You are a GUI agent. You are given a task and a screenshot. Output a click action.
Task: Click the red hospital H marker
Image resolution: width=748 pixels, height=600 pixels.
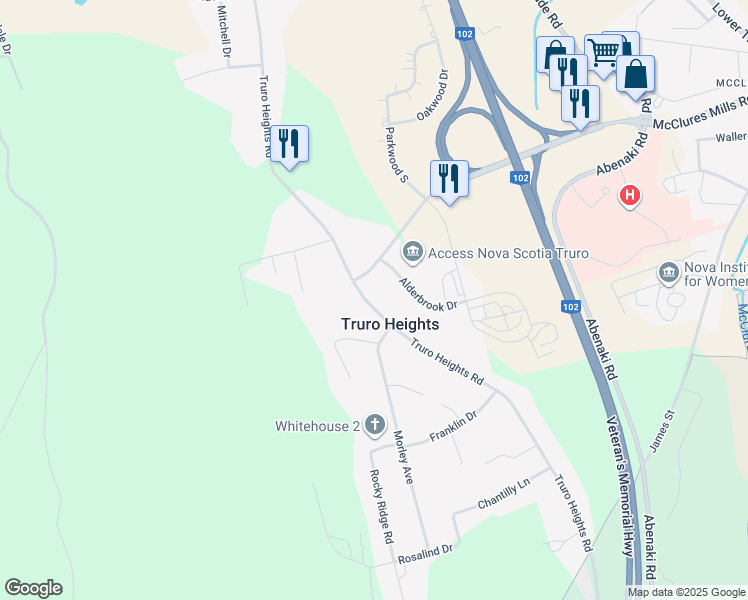[x=629, y=195]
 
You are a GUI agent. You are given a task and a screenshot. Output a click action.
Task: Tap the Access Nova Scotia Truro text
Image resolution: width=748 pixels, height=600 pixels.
[x=507, y=252]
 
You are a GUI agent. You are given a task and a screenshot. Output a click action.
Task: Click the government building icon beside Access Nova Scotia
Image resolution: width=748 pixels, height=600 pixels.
[x=412, y=252]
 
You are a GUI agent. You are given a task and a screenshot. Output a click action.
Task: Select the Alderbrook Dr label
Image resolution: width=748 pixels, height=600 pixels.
[x=428, y=293]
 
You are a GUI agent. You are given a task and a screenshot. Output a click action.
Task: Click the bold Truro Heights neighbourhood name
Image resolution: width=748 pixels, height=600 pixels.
[x=390, y=324]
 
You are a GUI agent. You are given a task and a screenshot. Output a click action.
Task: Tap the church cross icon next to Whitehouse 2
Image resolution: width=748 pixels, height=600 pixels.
[x=375, y=426]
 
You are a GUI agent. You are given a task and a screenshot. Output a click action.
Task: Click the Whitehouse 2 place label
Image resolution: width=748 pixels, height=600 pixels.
[x=317, y=426]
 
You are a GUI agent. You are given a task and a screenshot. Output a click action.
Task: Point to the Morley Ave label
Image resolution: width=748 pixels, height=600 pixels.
[x=403, y=457]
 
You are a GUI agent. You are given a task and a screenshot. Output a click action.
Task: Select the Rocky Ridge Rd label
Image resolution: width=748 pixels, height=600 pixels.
[x=382, y=507]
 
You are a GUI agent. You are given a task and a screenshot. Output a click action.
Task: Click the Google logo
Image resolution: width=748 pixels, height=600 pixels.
[x=33, y=588]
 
